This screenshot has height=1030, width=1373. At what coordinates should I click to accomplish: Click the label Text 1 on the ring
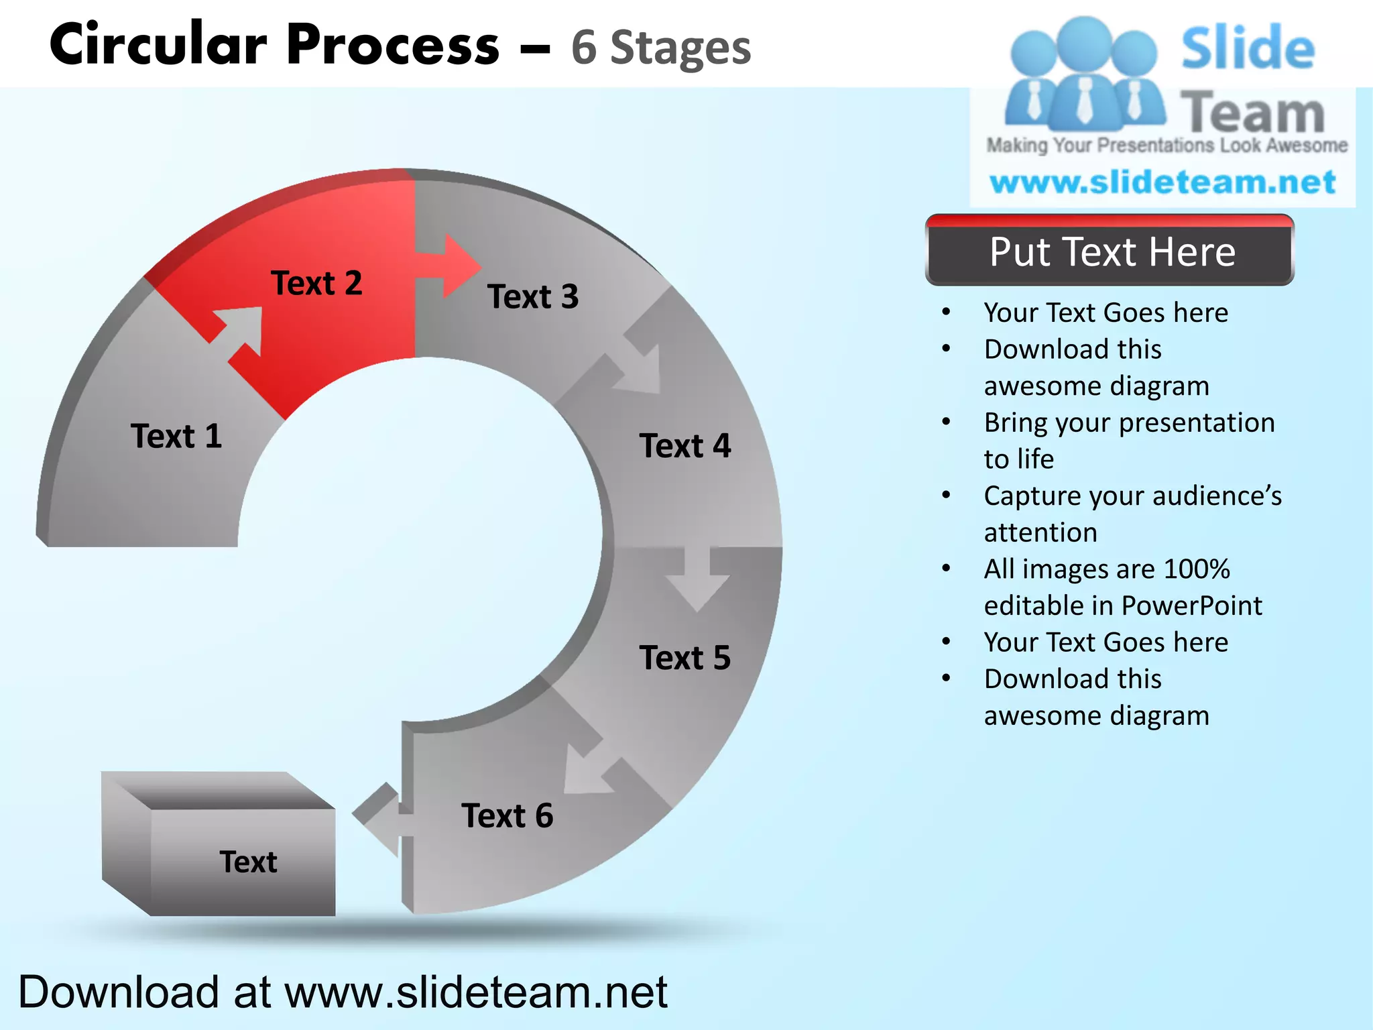tap(176, 437)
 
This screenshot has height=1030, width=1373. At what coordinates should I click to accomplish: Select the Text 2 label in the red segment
tap(316, 283)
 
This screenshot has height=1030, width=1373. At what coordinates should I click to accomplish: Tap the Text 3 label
tap(533, 297)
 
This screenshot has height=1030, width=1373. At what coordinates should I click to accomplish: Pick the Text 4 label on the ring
tap(685, 446)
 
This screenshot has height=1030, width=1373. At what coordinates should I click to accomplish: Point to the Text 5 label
tap(685, 658)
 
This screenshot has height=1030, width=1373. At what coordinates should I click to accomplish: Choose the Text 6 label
tap(508, 816)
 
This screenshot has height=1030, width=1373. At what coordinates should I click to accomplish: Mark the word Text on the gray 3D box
tap(248, 862)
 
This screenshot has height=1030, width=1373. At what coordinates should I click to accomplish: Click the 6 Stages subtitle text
tap(661, 48)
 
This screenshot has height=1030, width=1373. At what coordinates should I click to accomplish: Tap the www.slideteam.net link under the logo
tap(1162, 182)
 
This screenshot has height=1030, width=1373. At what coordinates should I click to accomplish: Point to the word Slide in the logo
tap(1248, 48)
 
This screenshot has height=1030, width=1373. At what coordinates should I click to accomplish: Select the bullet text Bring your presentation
tap(1129, 423)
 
